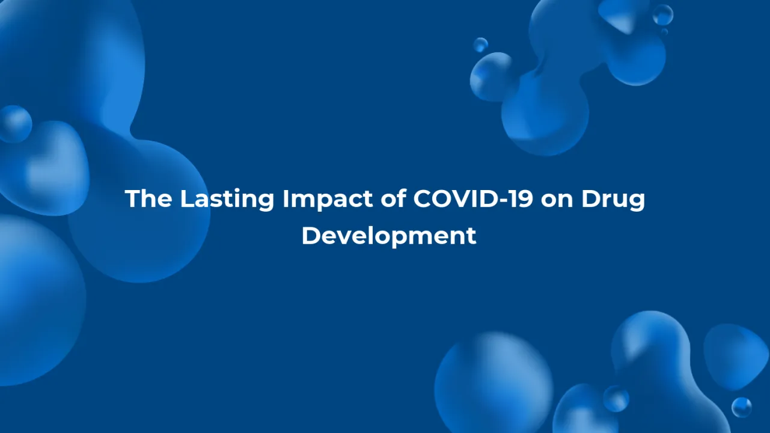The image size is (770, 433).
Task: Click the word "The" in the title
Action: pyautogui.click(x=148, y=199)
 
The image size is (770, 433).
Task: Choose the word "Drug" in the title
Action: pyautogui.click(x=613, y=199)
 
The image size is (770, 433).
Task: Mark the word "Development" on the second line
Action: pyautogui.click(x=388, y=235)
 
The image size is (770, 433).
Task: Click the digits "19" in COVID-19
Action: pyautogui.click(x=521, y=199)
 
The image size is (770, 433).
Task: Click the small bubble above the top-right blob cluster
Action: pyautogui.click(x=663, y=14)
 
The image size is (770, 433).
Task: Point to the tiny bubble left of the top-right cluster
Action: pyautogui.click(x=480, y=45)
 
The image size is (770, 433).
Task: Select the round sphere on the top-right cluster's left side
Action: pyautogui.click(x=490, y=76)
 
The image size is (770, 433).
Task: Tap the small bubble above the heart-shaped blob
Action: pyautogui.click(x=15, y=124)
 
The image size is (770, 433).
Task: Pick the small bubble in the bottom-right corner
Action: pyautogui.click(x=741, y=407)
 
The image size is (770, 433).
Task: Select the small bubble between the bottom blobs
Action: pyautogui.click(x=616, y=399)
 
